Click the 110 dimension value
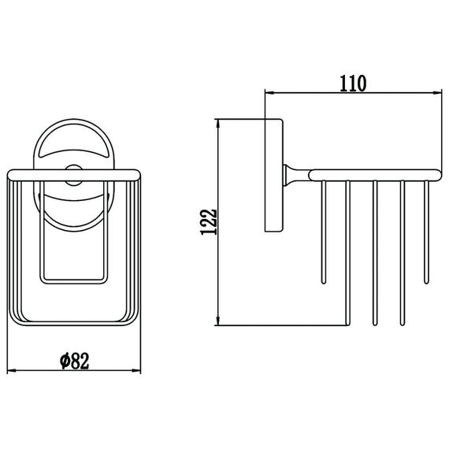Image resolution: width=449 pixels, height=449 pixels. click(x=353, y=83)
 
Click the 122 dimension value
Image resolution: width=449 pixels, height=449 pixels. click(x=209, y=222)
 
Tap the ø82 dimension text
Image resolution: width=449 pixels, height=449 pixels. click(x=75, y=361)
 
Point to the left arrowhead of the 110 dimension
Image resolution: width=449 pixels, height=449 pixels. click(x=269, y=92)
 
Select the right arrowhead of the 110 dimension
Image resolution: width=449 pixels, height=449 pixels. click(x=437, y=92)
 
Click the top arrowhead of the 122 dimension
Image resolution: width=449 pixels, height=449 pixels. click(x=218, y=124)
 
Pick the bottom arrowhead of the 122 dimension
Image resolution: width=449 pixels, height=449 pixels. click(x=218, y=321)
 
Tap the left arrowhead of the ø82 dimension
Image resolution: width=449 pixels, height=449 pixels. click(x=12, y=371)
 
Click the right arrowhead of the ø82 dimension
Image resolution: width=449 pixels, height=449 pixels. click(x=136, y=371)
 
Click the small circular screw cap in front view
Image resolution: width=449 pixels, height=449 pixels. click(x=73, y=175)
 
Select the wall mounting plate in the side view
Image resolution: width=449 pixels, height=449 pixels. click(x=274, y=175)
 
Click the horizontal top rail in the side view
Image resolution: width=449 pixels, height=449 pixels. click(x=376, y=175)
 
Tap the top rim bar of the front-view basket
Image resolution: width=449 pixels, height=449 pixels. click(x=74, y=175)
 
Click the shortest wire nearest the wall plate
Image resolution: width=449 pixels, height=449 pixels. click(x=324, y=232)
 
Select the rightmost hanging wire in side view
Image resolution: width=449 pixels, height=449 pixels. click(x=427, y=232)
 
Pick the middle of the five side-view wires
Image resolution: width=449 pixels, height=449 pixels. click(x=375, y=253)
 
